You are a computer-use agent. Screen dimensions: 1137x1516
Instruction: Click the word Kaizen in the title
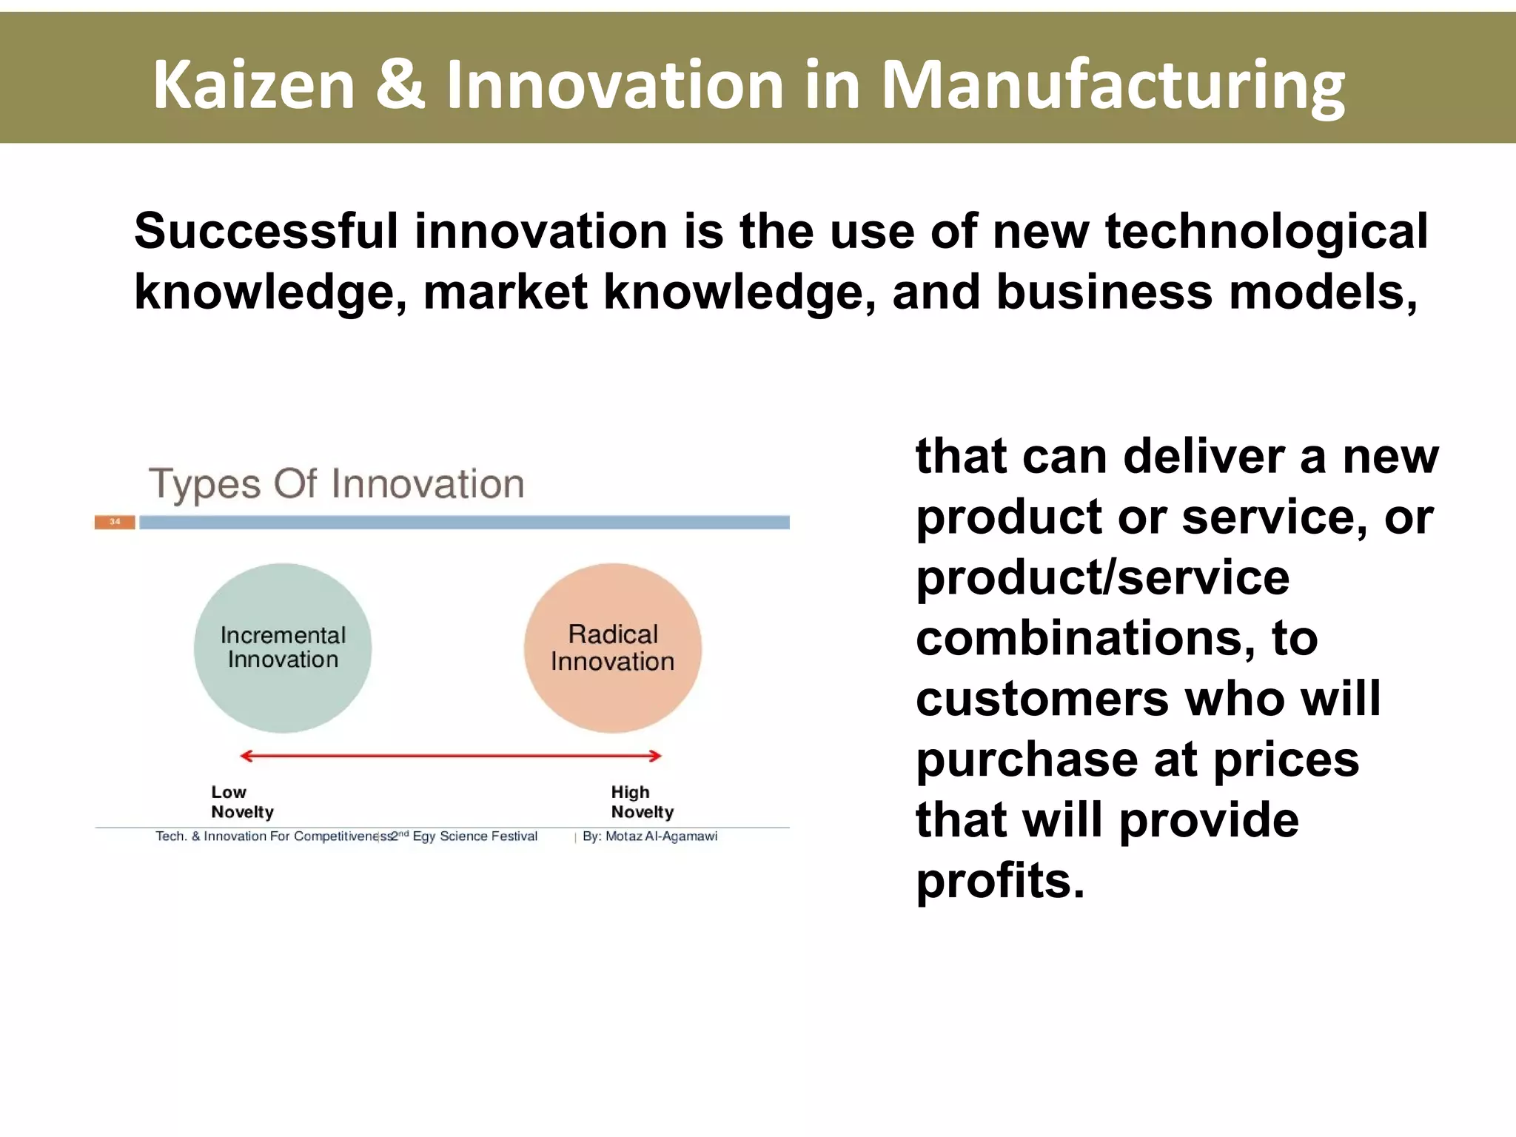click(x=254, y=85)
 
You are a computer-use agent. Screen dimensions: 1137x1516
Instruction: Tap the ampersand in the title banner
click(x=399, y=85)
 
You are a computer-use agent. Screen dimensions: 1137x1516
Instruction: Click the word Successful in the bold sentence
click(x=266, y=231)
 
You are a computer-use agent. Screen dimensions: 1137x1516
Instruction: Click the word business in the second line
click(x=1104, y=292)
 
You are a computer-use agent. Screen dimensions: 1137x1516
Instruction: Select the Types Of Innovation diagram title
click(x=337, y=484)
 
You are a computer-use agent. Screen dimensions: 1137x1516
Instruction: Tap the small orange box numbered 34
click(x=115, y=522)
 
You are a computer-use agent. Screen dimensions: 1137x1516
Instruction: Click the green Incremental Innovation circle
click(x=283, y=648)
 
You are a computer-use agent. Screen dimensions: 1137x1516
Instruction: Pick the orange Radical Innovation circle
click(x=613, y=648)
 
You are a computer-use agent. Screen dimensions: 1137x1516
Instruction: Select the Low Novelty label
click(x=242, y=802)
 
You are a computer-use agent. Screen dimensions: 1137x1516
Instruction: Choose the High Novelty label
click(x=642, y=802)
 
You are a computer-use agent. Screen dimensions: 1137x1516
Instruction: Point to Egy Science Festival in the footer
click(x=474, y=836)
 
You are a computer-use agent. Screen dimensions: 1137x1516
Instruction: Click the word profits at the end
click(x=999, y=882)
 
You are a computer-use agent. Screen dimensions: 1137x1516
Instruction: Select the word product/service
click(x=1102, y=577)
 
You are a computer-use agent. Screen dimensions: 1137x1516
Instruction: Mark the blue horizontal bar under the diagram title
click(x=464, y=523)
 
